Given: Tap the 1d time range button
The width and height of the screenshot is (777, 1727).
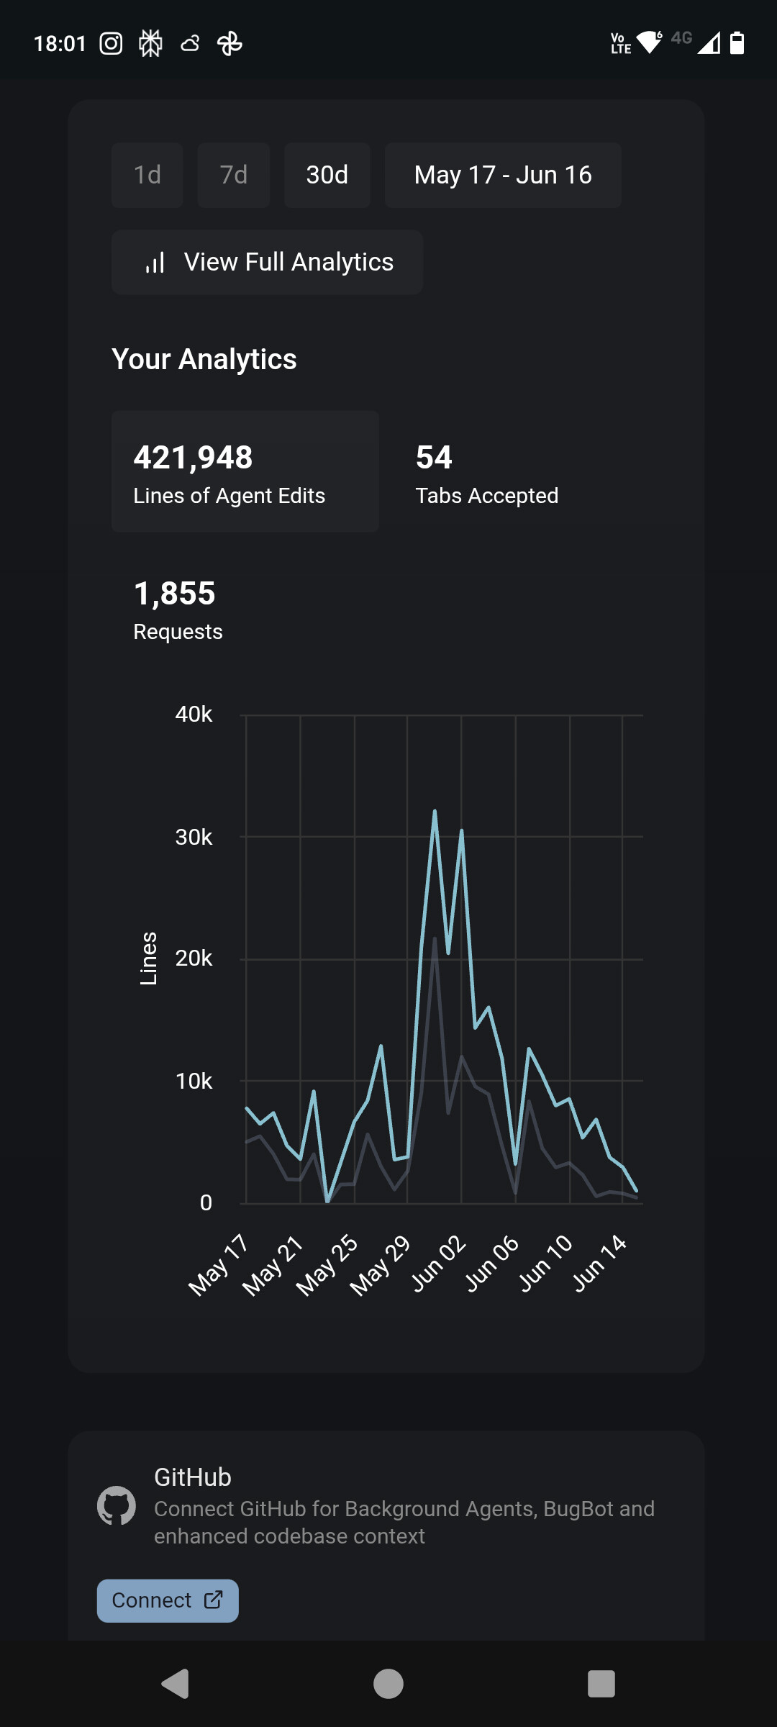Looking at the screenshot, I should pyautogui.click(x=147, y=175).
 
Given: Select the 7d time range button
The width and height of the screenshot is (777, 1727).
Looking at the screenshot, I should pyautogui.click(x=233, y=175).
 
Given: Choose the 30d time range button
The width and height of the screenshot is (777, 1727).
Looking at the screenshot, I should pyautogui.click(x=327, y=175).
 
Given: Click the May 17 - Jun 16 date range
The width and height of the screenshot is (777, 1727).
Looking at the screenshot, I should pyautogui.click(x=503, y=175).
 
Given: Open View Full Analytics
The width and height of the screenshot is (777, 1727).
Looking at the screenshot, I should pyautogui.click(x=267, y=262).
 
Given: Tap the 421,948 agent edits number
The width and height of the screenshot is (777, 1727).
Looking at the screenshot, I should pyautogui.click(x=193, y=458).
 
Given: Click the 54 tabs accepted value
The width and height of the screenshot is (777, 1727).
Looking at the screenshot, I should pyautogui.click(x=434, y=458).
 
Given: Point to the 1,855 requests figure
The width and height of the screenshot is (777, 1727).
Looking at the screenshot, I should pyautogui.click(x=175, y=594).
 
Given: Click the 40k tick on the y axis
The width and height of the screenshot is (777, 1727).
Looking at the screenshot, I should pyautogui.click(x=194, y=715).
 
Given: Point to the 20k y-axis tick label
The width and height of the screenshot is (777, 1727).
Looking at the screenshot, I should pyautogui.click(x=194, y=958).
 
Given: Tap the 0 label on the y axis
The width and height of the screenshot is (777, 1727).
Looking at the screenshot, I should pyautogui.click(x=206, y=1202).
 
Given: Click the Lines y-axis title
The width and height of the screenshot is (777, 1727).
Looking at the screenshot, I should pyautogui.click(x=148, y=958).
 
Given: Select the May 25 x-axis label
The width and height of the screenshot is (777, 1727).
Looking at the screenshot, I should pyautogui.click(x=327, y=1264).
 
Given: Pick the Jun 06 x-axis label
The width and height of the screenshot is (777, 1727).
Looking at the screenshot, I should pyautogui.click(x=492, y=1263).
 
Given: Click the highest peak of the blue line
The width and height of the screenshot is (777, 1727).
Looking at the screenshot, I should pyautogui.click(x=435, y=812).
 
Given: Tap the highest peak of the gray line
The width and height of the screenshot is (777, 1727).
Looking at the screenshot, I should pyautogui.click(x=435, y=939).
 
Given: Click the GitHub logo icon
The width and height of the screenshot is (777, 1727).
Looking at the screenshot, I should pyautogui.click(x=117, y=1505).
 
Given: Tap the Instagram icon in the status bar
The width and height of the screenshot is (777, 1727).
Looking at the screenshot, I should pyautogui.click(x=111, y=44).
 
